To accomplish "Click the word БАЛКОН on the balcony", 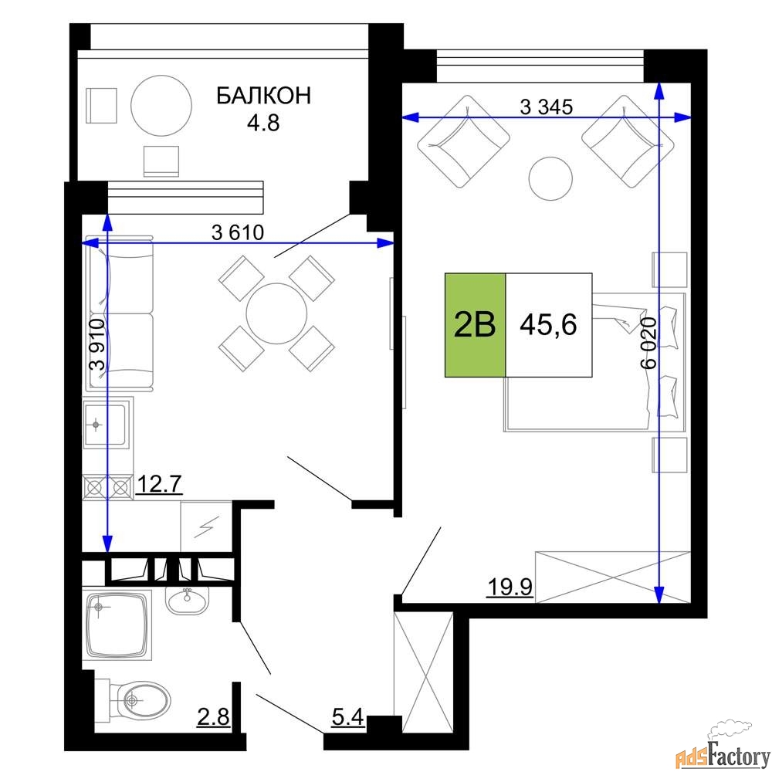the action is point(264,96).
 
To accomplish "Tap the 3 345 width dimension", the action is point(547,107).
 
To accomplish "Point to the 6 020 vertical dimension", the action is point(649,343).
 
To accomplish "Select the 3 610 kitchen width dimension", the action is point(238,232).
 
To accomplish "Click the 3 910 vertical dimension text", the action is point(97,344).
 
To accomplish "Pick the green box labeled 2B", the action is point(475,325).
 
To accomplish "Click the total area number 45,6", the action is point(548,325).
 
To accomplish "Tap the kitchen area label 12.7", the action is point(159,483).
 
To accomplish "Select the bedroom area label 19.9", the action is point(510,587).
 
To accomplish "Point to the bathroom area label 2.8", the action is point(213,717).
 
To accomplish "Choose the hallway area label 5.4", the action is point(347,717).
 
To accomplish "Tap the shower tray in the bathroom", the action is point(117,625).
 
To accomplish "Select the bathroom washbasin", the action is point(187,600).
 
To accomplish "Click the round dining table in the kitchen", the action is point(276,313).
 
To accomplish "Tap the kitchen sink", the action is point(107,424).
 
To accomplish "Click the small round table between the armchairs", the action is point(550,179).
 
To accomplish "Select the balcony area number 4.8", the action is point(263,123).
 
